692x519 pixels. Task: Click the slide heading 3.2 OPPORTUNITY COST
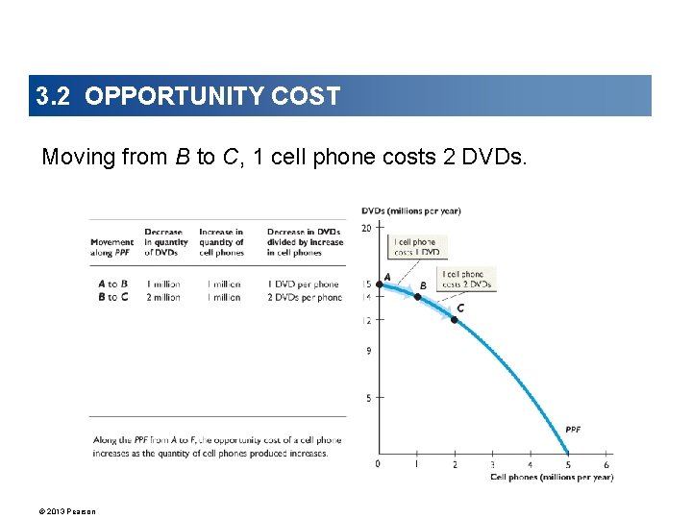pos(188,96)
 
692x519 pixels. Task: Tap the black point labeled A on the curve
pos(379,284)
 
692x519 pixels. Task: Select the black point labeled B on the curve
pos(416,297)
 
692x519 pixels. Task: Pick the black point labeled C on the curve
pos(454,319)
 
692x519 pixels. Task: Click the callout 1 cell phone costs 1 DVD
pos(416,247)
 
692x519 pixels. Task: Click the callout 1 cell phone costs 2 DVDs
pos(466,279)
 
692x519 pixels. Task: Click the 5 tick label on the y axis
pos(368,397)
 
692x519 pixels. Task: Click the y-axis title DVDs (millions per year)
pos(410,211)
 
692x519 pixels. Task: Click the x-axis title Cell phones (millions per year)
pos(551,477)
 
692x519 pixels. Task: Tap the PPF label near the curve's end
pos(573,429)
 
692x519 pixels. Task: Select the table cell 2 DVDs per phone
pos(304,298)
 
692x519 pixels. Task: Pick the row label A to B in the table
pos(112,284)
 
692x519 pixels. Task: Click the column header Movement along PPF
pos(112,247)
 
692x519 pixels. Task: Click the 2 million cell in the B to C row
pos(163,298)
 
